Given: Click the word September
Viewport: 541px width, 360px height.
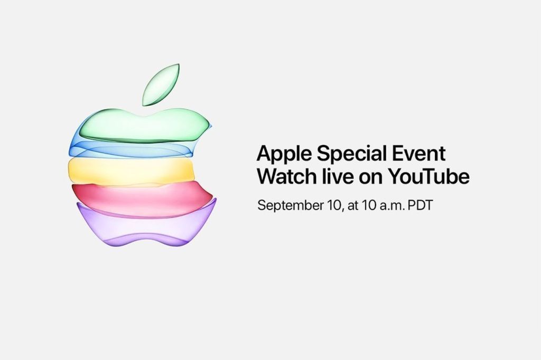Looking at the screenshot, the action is click(x=290, y=206).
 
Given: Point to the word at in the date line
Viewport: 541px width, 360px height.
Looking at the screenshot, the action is click(x=353, y=206).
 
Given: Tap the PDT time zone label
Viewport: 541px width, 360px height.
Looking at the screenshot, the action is click(x=420, y=205).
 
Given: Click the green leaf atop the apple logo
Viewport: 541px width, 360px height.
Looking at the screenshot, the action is click(x=161, y=84).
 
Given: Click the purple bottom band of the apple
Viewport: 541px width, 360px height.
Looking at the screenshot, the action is click(x=145, y=224).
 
